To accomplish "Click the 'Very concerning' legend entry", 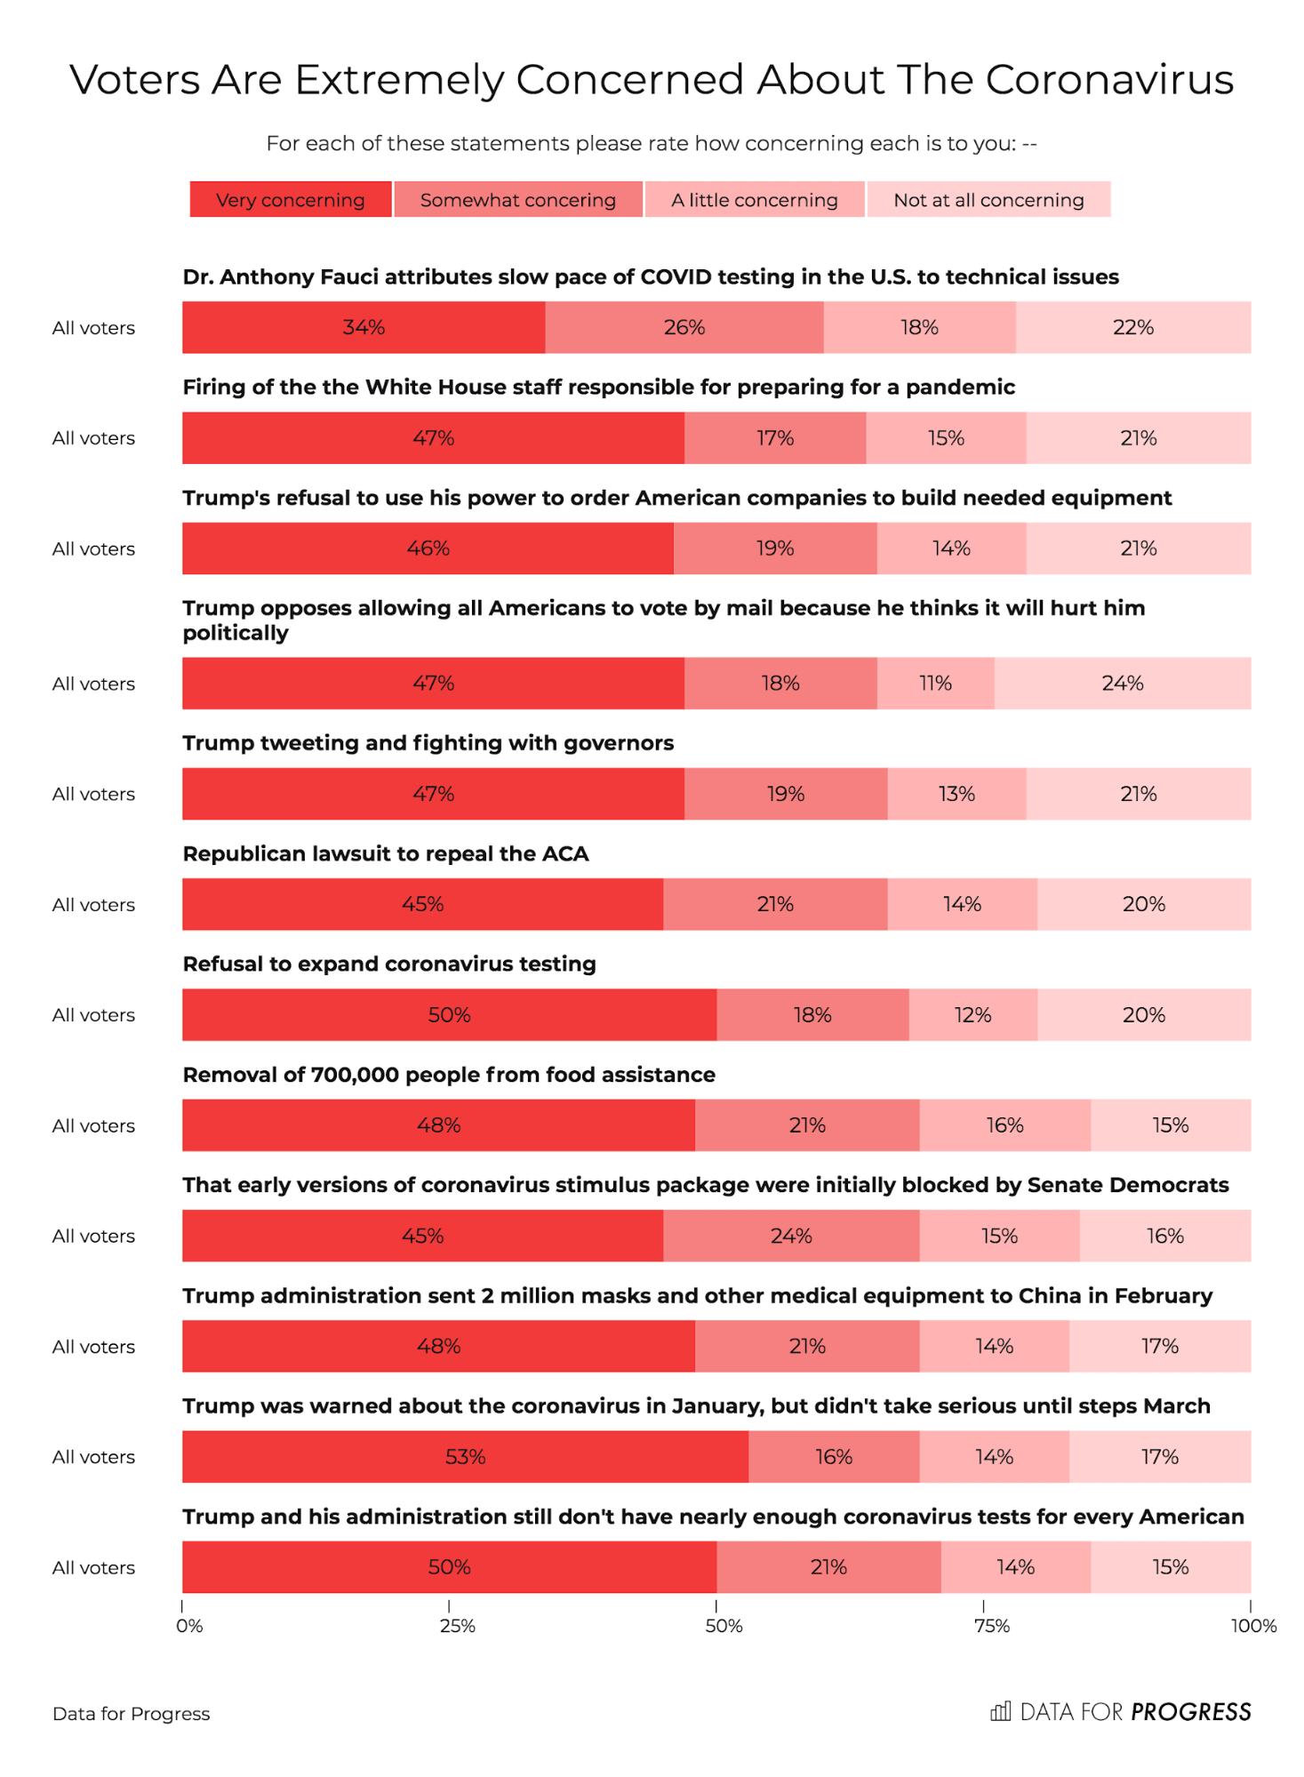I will [291, 200].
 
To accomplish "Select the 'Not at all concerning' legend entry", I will [988, 200].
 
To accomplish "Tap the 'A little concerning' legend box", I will [754, 200].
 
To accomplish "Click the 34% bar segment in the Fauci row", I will [364, 327].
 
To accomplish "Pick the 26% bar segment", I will [684, 327].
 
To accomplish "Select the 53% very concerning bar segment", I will [465, 1457].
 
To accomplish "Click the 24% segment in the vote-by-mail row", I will [1122, 684].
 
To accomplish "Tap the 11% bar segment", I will [935, 684].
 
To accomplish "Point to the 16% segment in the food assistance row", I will [1004, 1125].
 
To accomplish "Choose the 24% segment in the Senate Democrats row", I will [791, 1236].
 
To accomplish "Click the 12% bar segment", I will [972, 1015].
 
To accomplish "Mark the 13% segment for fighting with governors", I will [956, 794].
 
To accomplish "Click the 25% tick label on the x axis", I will [457, 1626].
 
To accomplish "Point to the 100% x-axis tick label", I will [1253, 1626].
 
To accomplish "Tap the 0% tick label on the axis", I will [189, 1626].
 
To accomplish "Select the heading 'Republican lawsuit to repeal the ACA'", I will [386, 854].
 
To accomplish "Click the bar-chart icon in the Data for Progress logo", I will [1000, 1712].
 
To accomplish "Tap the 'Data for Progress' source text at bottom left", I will [132, 1714].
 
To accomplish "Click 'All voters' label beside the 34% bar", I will [93, 328].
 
